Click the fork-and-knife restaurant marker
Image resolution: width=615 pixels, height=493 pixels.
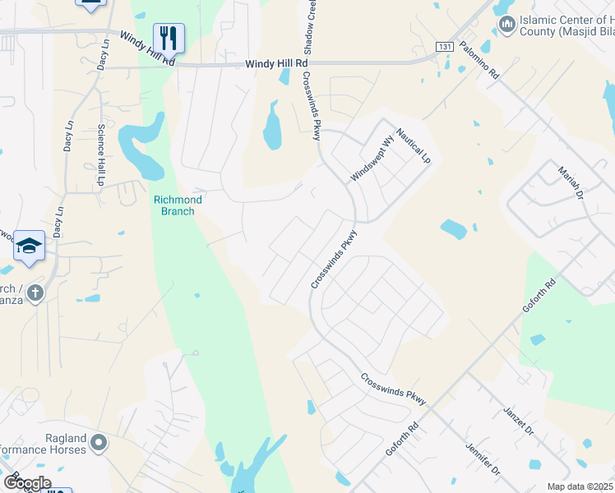tap(168, 37)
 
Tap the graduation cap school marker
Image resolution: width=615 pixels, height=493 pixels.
tap(29, 245)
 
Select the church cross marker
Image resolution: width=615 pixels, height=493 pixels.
tap(35, 291)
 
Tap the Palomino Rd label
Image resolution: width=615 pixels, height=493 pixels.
tap(479, 59)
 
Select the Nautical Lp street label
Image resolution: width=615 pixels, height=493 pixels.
tap(413, 144)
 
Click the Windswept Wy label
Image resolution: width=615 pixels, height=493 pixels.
tap(372, 164)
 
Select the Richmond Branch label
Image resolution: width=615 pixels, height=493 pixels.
tap(174, 205)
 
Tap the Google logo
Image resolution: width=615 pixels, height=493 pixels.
tap(26, 482)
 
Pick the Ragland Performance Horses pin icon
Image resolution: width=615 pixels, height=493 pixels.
tap(99, 444)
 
